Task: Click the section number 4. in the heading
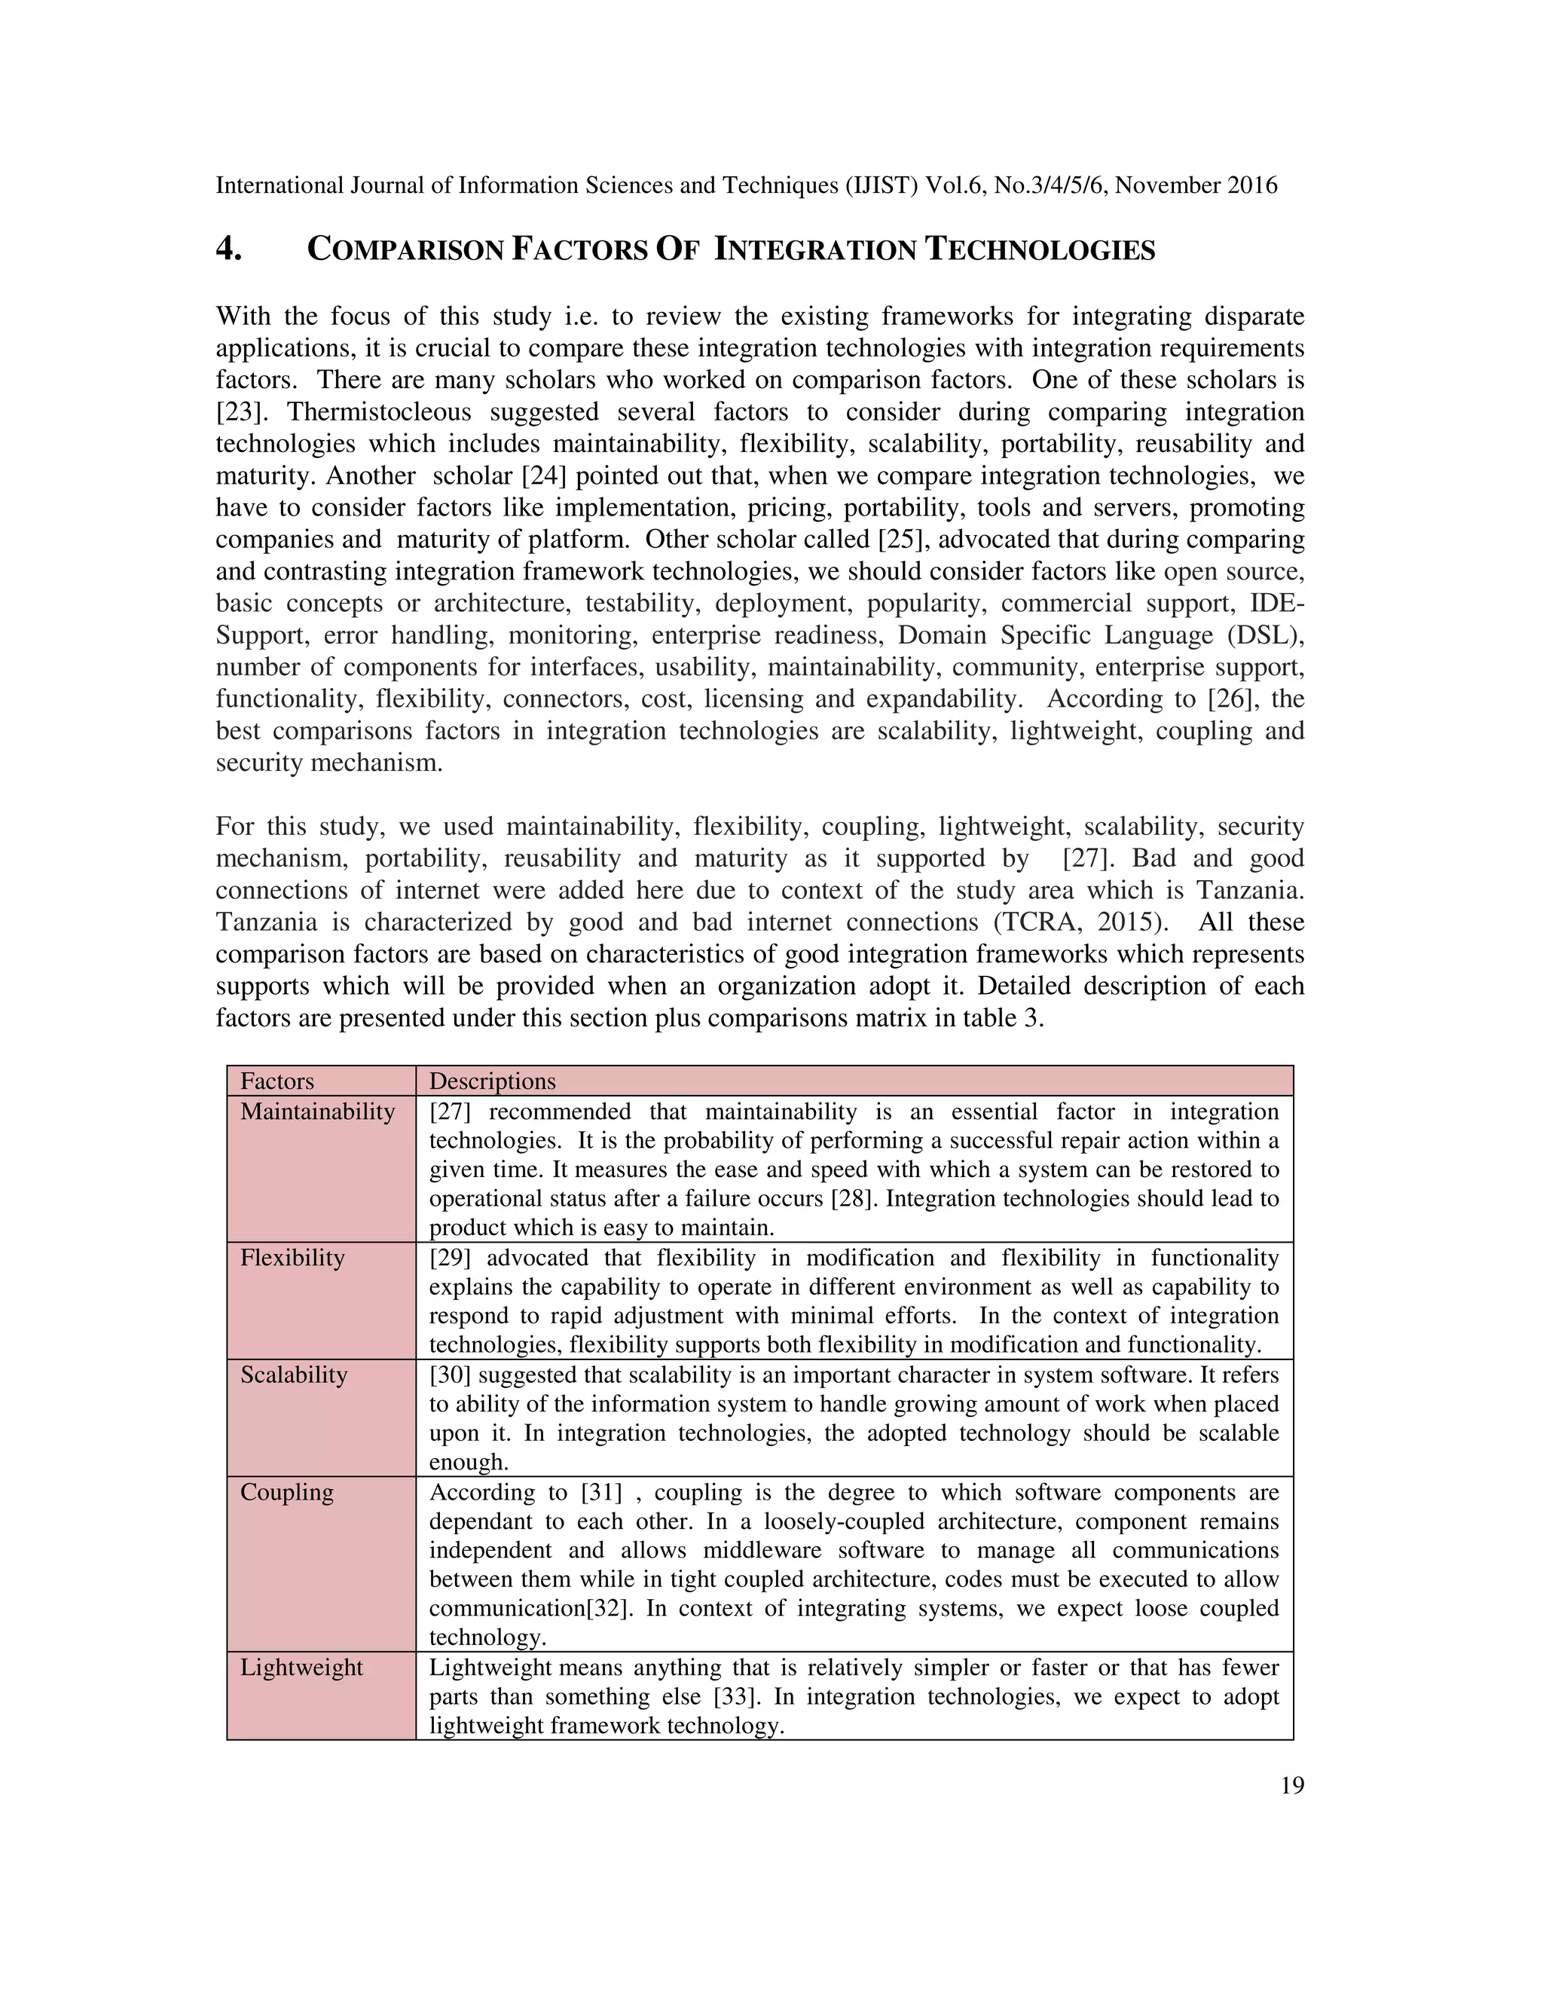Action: point(228,249)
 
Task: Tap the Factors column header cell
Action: point(277,1081)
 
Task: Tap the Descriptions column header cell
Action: point(492,1081)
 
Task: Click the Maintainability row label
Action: point(317,1111)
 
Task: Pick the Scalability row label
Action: point(293,1375)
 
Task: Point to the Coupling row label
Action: point(287,1491)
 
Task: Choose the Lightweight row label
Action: point(301,1667)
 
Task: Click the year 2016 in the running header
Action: point(1252,185)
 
